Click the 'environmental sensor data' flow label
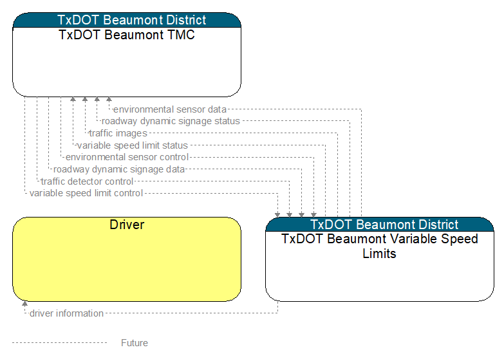tap(170, 109)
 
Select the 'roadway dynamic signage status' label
tap(171, 121)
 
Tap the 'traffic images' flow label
tap(118, 133)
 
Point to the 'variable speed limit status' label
tap(133, 145)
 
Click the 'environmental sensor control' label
tap(127, 157)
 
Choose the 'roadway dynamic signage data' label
tap(119, 169)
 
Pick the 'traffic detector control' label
tap(88, 181)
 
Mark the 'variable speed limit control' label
tap(86, 193)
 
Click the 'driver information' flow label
tap(66, 313)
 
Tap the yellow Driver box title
tap(127, 225)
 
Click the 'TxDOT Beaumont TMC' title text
tap(127, 35)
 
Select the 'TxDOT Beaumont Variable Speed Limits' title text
tap(380, 246)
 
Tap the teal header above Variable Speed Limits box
tap(380, 225)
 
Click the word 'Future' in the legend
tap(135, 343)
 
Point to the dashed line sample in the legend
tap(59, 343)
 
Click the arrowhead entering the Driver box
tap(24, 304)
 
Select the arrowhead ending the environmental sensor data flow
tap(109, 100)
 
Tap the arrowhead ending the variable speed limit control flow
tap(277, 214)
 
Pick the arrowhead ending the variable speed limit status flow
tap(73, 100)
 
